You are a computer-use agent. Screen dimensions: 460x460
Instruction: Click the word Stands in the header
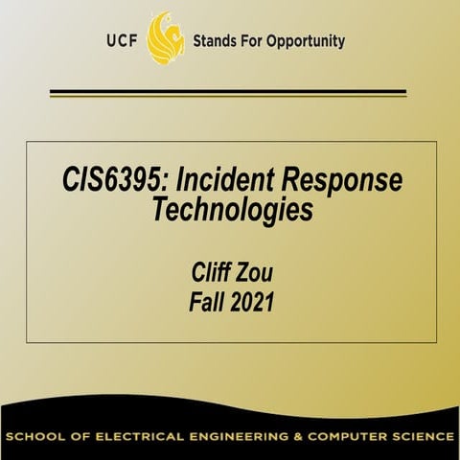tap(218, 42)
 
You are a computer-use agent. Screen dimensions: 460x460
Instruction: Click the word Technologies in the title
tap(232, 210)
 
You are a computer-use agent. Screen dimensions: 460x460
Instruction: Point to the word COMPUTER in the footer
tap(354, 438)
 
